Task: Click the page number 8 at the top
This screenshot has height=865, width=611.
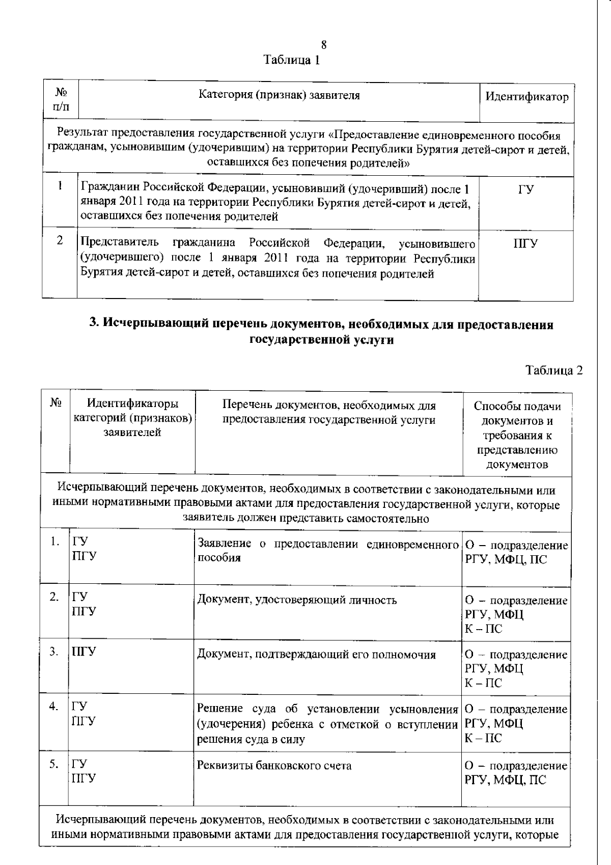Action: (x=324, y=45)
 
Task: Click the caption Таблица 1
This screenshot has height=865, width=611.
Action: (x=292, y=60)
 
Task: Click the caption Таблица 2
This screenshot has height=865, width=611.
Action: (x=553, y=370)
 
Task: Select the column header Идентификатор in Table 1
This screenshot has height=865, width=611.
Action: (x=526, y=97)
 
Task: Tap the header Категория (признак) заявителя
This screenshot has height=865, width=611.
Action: (x=279, y=95)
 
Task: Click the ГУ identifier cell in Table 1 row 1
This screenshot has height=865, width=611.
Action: (x=526, y=190)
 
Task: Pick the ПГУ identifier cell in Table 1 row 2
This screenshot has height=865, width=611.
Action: (x=525, y=244)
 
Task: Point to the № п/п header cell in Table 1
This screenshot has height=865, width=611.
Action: (x=61, y=99)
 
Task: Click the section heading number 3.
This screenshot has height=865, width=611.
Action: (x=93, y=325)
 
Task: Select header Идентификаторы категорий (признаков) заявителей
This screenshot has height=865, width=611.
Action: (x=132, y=418)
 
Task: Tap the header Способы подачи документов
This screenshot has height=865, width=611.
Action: (x=517, y=435)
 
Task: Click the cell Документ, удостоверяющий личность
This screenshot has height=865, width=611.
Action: (x=297, y=600)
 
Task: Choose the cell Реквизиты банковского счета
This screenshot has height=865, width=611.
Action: (x=274, y=766)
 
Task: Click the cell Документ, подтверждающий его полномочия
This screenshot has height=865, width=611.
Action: (x=316, y=655)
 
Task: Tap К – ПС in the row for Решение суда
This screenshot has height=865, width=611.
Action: (x=483, y=738)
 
